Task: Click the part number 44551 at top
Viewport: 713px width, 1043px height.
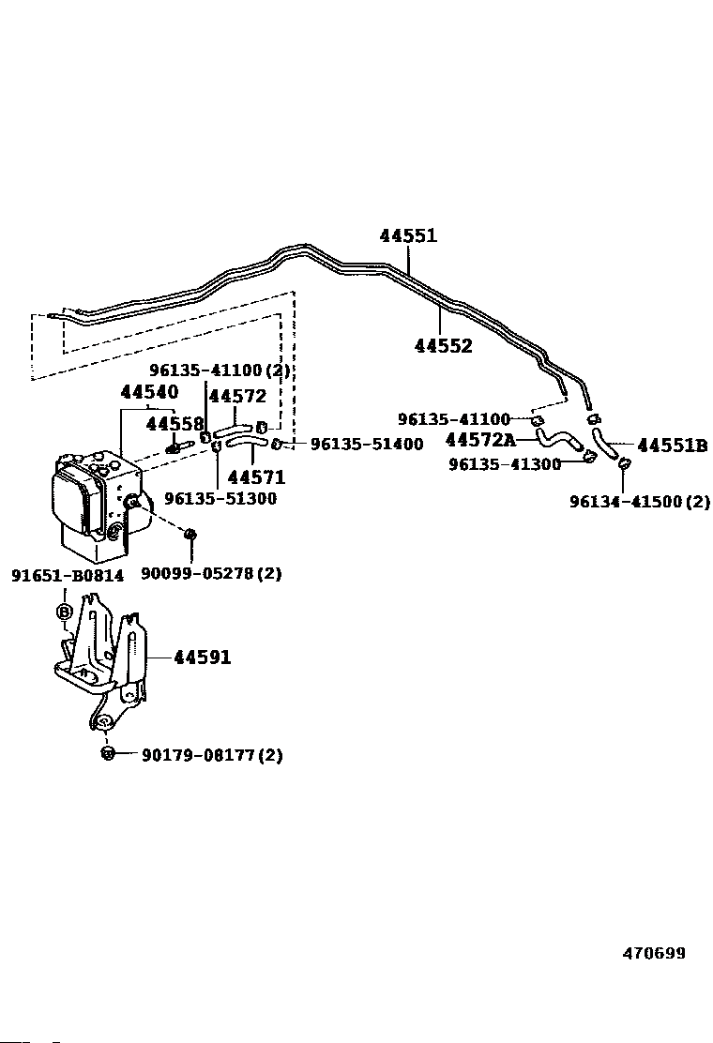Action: [x=408, y=235]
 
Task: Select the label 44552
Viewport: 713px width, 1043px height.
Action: [x=443, y=346]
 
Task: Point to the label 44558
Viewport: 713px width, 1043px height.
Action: [x=174, y=425]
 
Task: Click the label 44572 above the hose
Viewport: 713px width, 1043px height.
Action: [x=237, y=397]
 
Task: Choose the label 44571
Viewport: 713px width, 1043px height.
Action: [x=256, y=477]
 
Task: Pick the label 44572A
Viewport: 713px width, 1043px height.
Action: [x=480, y=440]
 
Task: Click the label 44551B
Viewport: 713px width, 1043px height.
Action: [x=672, y=446]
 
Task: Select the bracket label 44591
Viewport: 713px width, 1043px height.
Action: [x=202, y=658]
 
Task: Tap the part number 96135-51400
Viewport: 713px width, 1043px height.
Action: [x=367, y=444]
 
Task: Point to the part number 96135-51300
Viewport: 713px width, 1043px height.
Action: [x=220, y=498]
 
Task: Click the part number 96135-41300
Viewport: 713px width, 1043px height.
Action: [x=505, y=464]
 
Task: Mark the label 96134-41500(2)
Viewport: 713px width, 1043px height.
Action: [x=640, y=502]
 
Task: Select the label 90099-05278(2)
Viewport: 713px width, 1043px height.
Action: [x=211, y=572]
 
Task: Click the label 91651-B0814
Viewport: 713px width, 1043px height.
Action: [x=67, y=575]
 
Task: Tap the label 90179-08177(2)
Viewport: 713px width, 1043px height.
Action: [x=212, y=754]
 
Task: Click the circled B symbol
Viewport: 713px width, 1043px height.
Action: [x=66, y=612]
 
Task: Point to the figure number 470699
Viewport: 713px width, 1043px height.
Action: [x=654, y=953]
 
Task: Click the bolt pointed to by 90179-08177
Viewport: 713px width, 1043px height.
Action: [x=108, y=753]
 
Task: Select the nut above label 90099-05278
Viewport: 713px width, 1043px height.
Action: [x=190, y=535]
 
